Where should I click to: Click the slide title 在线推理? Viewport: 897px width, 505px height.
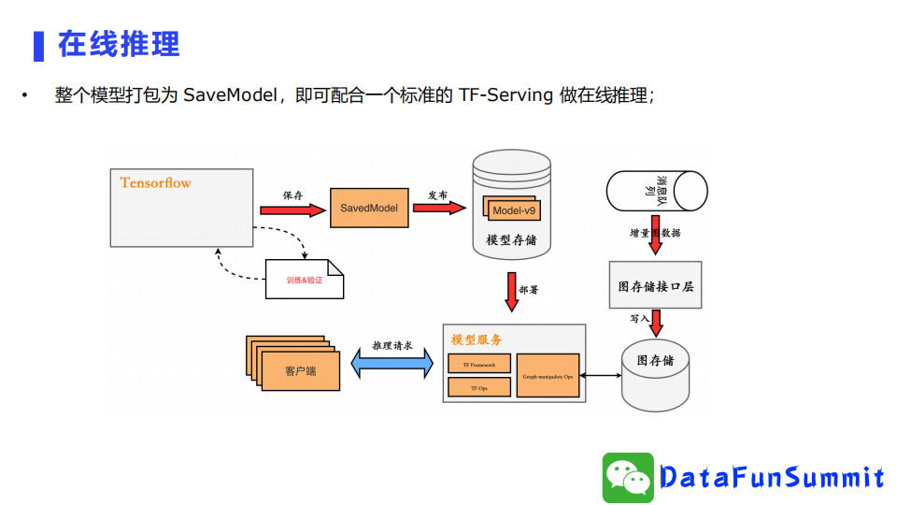[119, 44]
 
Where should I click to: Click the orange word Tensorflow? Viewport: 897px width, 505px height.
[155, 183]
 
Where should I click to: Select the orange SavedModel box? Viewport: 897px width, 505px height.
[370, 207]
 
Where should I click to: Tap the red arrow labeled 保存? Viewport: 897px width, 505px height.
[293, 210]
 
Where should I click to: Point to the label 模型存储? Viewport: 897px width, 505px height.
[510, 240]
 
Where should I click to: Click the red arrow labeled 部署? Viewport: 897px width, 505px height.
[511, 291]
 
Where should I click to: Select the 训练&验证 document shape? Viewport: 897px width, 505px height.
[304, 280]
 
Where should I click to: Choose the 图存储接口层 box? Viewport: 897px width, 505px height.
[655, 286]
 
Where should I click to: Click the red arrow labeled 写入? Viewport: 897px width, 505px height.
[656, 323]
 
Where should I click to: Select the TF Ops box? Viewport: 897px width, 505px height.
[479, 387]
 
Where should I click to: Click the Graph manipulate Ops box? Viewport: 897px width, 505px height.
[548, 375]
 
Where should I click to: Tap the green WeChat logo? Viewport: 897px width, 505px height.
[627, 477]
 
